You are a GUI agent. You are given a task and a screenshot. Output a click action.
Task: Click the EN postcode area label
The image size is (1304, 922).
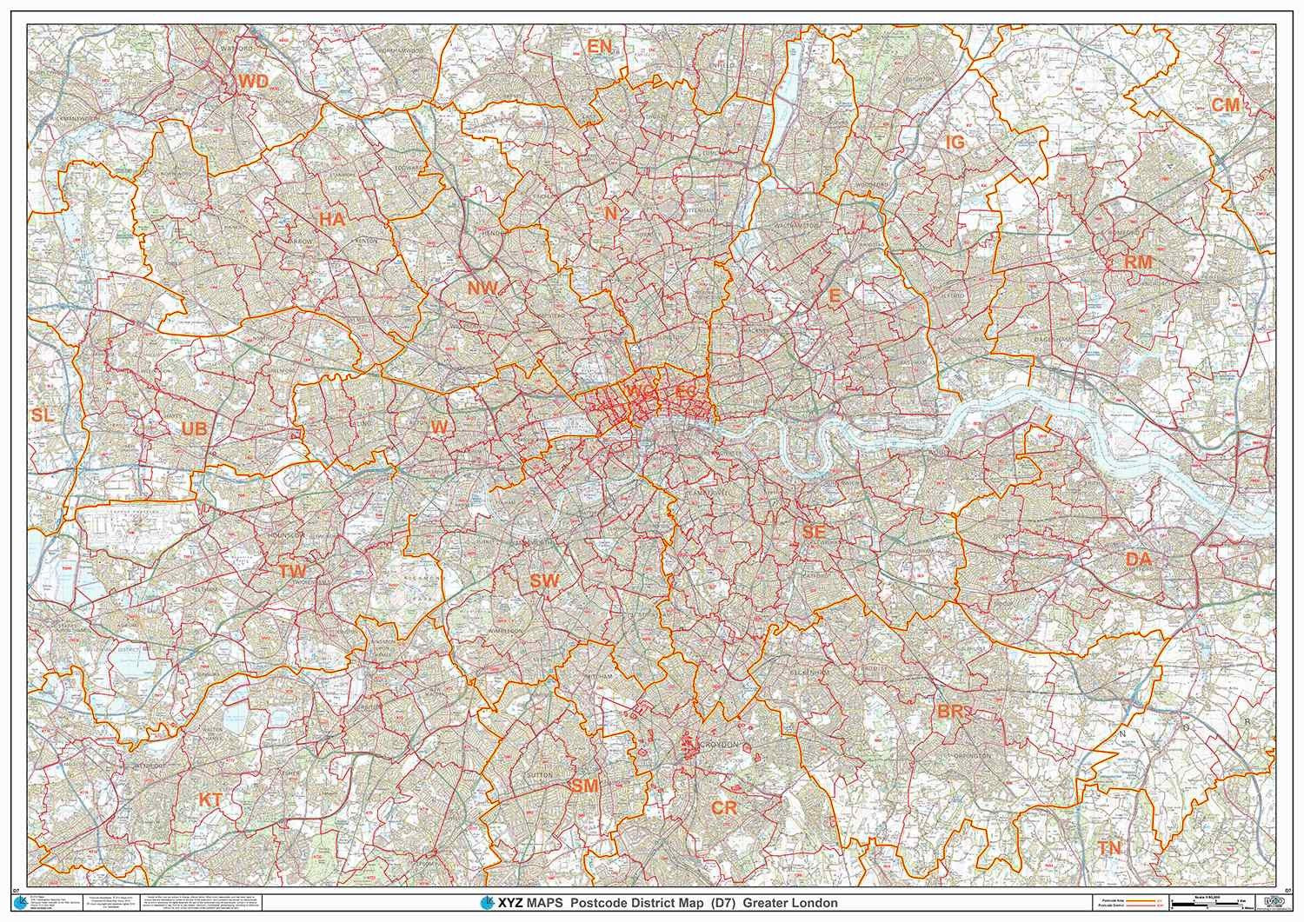pyautogui.click(x=600, y=47)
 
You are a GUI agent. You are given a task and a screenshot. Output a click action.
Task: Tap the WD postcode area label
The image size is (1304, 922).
pyautogui.click(x=254, y=82)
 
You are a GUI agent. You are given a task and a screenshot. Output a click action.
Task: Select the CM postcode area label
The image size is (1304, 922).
pyautogui.click(x=1226, y=104)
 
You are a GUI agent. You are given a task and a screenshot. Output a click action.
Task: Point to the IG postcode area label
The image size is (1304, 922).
pyautogui.click(x=955, y=143)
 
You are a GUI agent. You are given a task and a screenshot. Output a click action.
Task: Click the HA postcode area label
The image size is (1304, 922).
pyautogui.click(x=332, y=220)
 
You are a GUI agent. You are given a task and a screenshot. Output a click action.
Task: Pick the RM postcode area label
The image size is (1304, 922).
pyautogui.click(x=1138, y=262)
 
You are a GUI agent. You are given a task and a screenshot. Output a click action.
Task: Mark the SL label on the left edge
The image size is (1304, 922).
pyautogui.click(x=42, y=415)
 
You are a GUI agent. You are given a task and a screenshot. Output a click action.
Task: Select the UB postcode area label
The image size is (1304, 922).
pyautogui.click(x=195, y=428)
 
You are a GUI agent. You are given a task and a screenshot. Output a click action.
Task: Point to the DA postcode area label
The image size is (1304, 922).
pyautogui.click(x=1138, y=560)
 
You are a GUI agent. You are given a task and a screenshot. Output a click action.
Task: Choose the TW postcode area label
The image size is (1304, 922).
pyautogui.click(x=292, y=571)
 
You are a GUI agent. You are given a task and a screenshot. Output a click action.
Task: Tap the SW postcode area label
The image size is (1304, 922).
pyautogui.click(x=545, y=581)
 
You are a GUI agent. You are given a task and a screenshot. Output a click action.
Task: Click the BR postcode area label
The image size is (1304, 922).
pyautogui.click(x=951, y=712)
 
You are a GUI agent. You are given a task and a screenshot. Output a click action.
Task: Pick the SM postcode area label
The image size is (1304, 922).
pyautogui.click(x=584, y=786)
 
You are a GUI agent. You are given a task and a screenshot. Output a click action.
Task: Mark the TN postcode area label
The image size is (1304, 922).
pyautogui.click(x=1109, y=847)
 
